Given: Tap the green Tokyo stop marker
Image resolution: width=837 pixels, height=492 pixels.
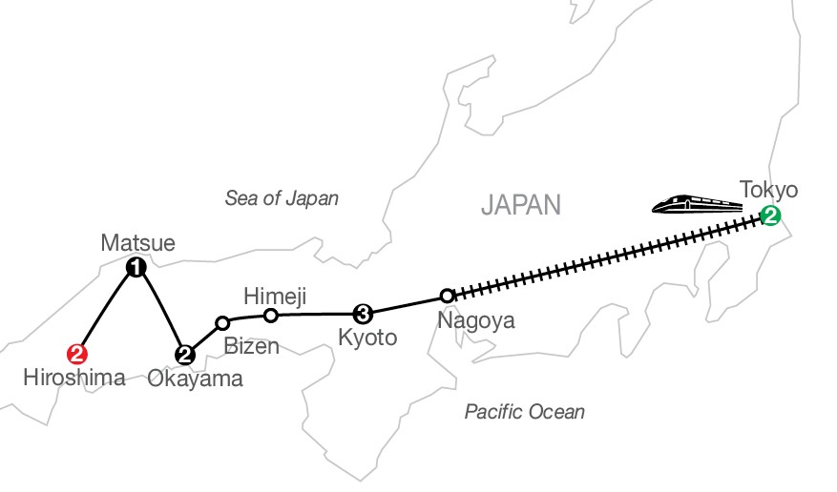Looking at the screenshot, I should (768, 215).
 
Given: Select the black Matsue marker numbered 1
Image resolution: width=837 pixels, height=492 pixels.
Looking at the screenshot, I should (136, 267).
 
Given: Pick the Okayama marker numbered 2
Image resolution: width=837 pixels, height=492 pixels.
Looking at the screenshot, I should (185, 355).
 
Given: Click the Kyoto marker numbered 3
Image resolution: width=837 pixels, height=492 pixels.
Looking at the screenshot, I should (362, 313).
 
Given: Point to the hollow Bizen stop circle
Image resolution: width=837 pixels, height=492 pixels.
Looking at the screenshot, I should (222, 322).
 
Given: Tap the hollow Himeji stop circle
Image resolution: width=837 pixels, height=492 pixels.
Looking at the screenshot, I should (271, 315).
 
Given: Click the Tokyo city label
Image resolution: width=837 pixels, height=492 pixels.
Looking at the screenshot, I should (768, 189).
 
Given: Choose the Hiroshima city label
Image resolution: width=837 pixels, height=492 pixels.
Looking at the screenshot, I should (74, 379).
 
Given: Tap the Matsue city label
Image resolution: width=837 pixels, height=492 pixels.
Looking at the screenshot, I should (137, 244).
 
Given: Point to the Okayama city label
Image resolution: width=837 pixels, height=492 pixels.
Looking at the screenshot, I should (196, 379).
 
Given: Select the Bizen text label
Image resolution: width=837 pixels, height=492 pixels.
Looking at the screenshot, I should (252, 346).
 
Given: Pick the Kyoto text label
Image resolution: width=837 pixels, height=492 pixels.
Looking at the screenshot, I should (367, 338).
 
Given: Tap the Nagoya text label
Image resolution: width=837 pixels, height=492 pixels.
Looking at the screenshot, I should (475, 320).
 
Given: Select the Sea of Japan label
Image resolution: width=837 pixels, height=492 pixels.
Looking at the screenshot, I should (282, 198).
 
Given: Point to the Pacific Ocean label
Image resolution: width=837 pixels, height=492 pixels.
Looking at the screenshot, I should (524, 412).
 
